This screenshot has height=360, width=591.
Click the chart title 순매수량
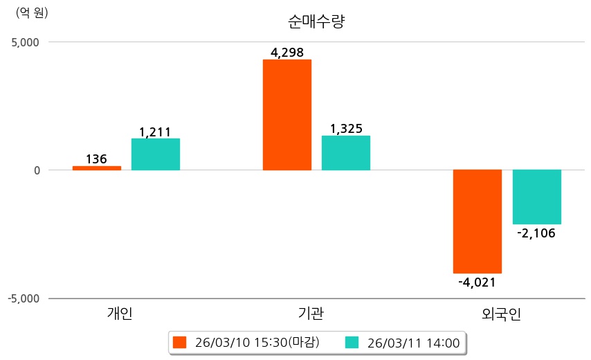316,21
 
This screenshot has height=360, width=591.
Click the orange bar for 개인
97,168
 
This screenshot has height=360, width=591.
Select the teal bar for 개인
156,154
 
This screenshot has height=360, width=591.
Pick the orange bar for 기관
287,115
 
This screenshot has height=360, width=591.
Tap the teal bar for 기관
346,153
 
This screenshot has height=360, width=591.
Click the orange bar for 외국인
478,222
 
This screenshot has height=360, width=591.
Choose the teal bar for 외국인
536,197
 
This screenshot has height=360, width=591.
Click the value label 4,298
287,52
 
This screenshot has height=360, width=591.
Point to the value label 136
96,159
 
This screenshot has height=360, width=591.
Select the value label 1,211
155,132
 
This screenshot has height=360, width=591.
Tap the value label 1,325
346,129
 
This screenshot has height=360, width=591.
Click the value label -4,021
477,282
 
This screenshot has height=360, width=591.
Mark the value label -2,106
536,233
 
